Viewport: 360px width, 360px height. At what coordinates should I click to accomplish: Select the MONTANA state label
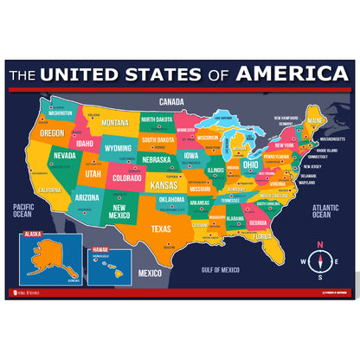pos(115,123)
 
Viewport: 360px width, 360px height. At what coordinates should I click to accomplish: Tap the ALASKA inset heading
pos(33,234)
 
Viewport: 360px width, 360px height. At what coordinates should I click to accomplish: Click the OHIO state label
pos(250,164)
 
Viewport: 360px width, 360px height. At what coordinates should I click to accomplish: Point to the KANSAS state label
pos(164,185)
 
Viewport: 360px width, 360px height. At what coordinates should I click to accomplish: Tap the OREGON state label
pos(52,133)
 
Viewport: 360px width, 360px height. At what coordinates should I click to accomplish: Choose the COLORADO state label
pos(126,180)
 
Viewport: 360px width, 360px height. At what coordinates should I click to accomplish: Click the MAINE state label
pos(315,119)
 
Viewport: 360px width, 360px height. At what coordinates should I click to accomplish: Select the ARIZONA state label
pos(87,197)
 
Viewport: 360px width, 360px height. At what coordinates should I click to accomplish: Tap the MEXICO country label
pos(151,273)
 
